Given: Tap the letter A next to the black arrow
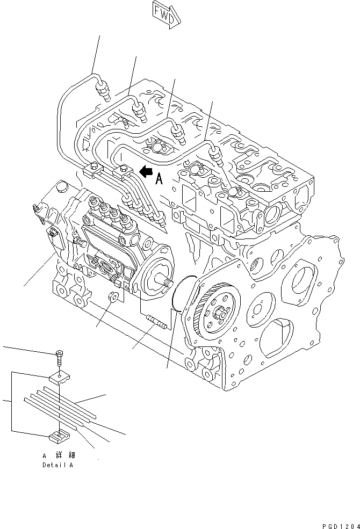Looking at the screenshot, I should point(159,179).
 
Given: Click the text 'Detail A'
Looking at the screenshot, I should point(57,465).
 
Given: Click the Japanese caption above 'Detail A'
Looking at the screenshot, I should point(57,455).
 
